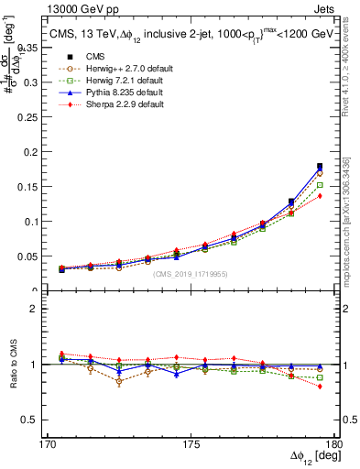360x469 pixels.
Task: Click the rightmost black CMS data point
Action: point(320,166)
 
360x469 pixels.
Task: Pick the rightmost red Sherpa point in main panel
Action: point(320,196)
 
